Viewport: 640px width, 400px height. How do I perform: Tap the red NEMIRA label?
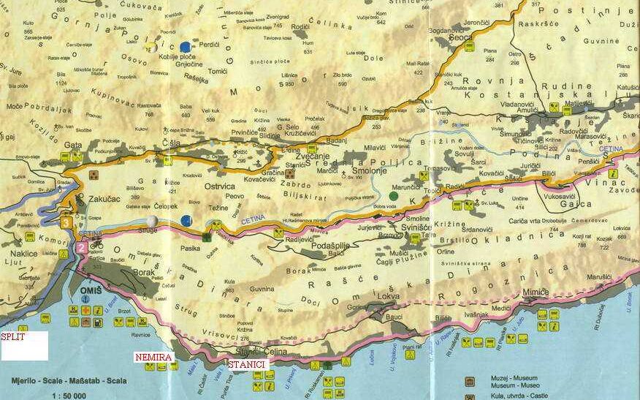pyautogui.click(x=152, y=357)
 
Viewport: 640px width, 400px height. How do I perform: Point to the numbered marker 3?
pyautogui.click(x=66, y=222)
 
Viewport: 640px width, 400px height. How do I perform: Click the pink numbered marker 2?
pyautogui.click(x=80, y=248)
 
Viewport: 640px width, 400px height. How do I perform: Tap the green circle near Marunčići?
pyautogui.click(x=395, y=195)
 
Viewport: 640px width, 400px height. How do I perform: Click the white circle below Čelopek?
pyautogui.click(x=151, y=220)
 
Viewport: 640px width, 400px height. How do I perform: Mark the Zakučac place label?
pyautogui.click(x=102, y=197)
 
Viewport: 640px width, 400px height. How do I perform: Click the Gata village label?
pyautogui.click(x=72, y=146)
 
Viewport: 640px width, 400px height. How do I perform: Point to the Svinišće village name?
pyautogui.click(x=421, y=228)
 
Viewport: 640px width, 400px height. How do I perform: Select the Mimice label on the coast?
pyautogui.click(x=536, y=292)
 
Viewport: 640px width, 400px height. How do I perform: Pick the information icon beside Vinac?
pyautogui.click(x=612, y=173)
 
